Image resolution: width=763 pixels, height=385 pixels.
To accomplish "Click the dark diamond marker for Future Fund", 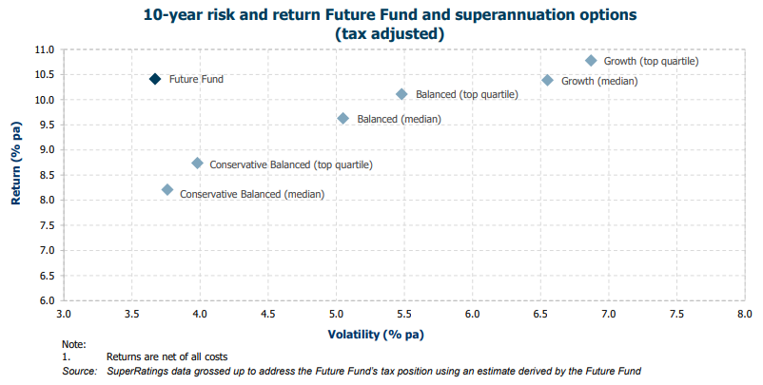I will point(155,79).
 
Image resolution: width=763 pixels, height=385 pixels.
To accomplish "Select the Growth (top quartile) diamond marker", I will point(591,60).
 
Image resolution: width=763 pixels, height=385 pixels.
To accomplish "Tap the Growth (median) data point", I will point(547,80).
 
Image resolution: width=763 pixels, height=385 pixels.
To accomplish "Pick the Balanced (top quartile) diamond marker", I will point(401,94).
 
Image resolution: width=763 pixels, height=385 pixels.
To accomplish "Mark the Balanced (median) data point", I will point(343,118).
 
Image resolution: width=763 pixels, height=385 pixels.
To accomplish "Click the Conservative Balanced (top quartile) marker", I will point(197,164).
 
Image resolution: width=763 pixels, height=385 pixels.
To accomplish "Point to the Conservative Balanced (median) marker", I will point(167,190).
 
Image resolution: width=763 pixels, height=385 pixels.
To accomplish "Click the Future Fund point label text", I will point(196,79).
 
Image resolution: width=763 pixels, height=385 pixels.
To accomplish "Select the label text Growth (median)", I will point(599,81).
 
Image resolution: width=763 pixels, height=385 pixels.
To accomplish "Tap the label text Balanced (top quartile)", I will point(466,95).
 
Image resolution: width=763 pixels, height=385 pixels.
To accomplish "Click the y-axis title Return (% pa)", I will point(16,175).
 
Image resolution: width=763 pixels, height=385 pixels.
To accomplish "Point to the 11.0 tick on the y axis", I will point(44,49).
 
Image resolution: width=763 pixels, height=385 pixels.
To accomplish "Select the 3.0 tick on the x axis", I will point(64,313).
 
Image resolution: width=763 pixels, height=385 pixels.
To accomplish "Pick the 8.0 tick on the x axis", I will point(745,313).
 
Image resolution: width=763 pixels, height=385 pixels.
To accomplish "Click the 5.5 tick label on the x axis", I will point(404,313).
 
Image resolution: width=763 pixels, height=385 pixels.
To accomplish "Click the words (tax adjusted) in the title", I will point(391,33).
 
